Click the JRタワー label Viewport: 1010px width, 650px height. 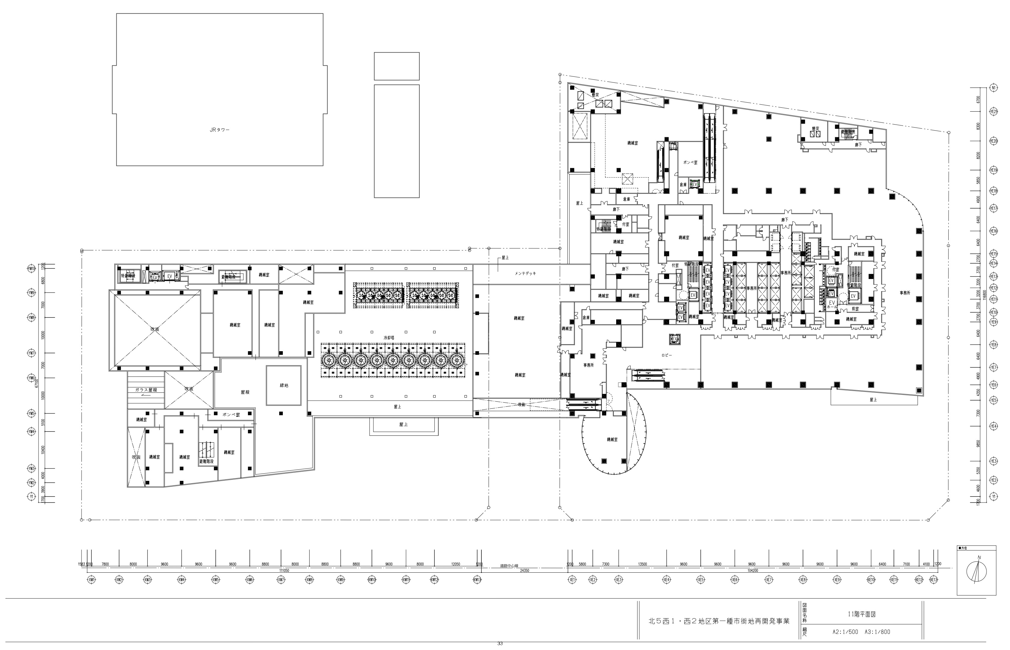(219, 130)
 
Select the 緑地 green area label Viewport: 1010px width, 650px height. (284, 385)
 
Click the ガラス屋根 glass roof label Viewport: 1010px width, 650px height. (146, 390)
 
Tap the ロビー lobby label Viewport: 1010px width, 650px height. (667, 355)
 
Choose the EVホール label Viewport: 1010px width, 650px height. (832, 305)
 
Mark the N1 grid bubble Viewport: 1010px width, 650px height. (993, 88)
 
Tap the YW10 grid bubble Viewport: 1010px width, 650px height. (32, 268)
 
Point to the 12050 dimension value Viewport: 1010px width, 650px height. (455, 564)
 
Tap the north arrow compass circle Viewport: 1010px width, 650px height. (977, 572)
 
